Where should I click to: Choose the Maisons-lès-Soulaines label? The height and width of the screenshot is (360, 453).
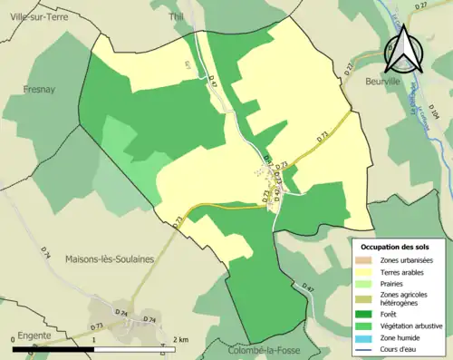(110, 259)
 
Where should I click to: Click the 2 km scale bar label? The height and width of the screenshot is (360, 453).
(182, 339)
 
